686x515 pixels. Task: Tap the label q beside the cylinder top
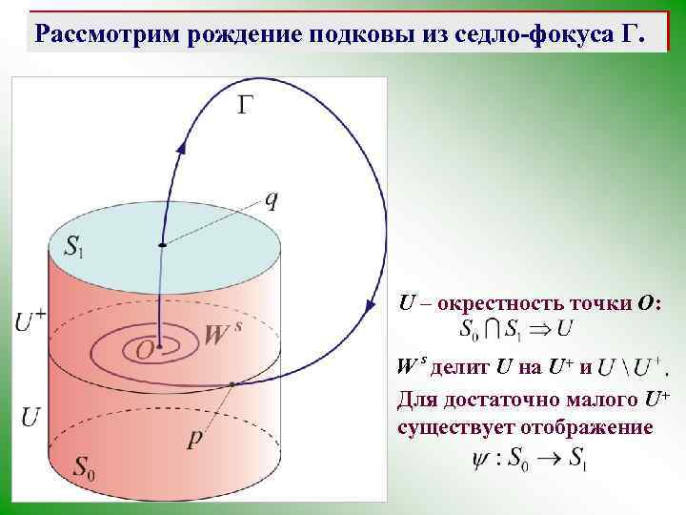(x=272, y=198)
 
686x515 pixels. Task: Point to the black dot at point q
(x=162, y=245)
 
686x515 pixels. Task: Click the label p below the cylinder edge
(x=195, y=440)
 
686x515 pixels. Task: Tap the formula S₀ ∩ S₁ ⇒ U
(x=514, y=331)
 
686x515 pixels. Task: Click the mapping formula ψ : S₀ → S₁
(x=530, y=459)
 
